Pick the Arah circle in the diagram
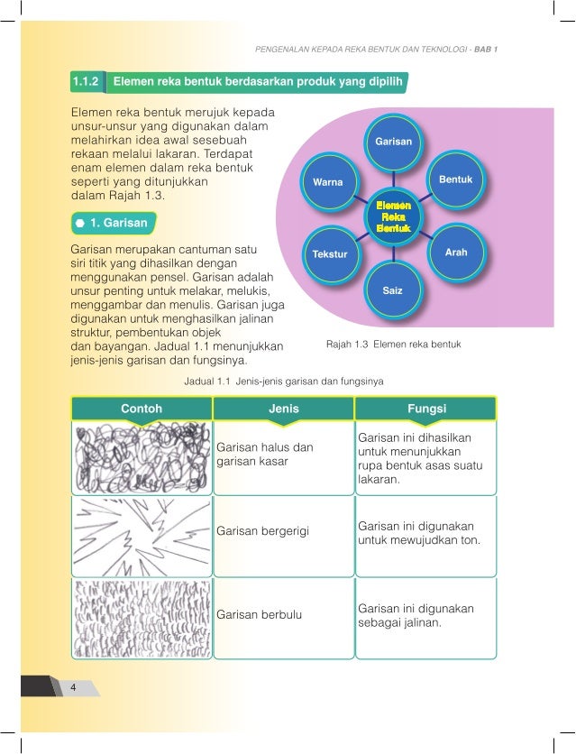[x=456, y=253]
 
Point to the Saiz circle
[x=392, y=292]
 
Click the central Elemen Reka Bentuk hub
[x=392, y=217]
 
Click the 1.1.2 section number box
[x=87, y=84]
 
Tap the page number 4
[x=72, y=688]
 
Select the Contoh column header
[x=141, y=409]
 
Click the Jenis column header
[x=284, y=409]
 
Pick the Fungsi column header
[x=426, y=409]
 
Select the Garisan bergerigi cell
[x=284, y=533]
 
